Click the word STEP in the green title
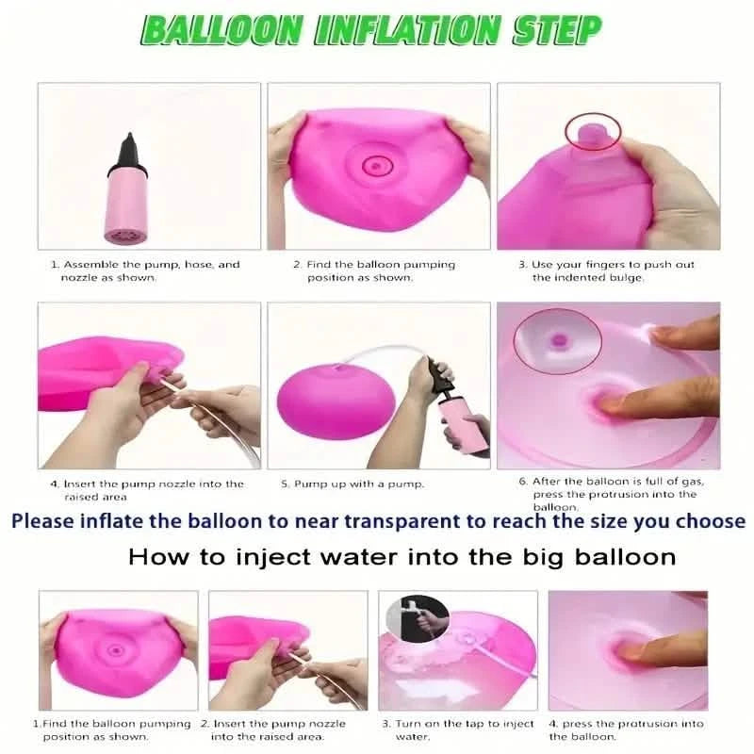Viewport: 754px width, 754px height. (557, 30)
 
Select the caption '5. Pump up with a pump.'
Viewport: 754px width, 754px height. (352, 484)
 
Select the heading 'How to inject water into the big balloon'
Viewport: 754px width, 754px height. (402, 557)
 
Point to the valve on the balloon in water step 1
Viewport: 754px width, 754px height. (116, 649)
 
